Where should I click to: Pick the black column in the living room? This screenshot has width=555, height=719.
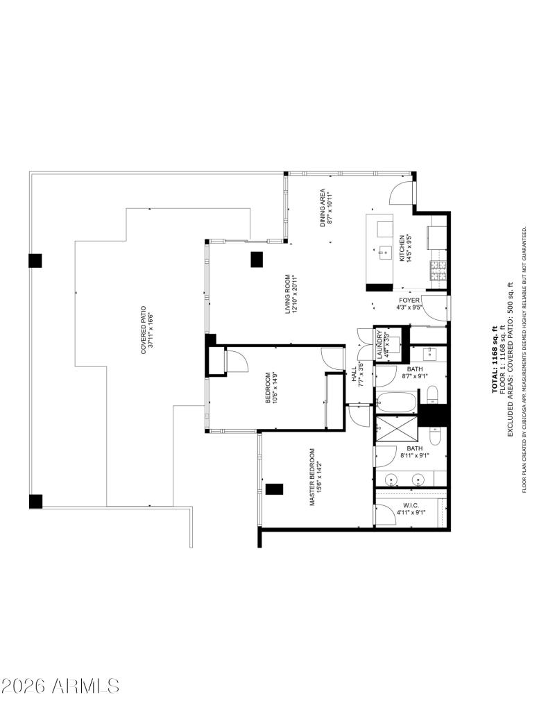tap(257, 259)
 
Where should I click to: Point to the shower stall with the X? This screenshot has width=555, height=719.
tap(396, 432)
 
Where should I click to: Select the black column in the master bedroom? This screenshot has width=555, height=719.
tap(275, 489)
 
